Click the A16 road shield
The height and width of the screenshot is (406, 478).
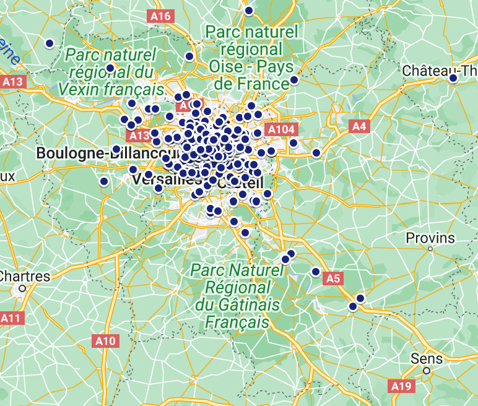click(x=160, y=16)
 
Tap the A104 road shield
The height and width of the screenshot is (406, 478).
click(x=280, y=129)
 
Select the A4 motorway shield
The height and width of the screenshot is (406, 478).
click(x=359, y=127)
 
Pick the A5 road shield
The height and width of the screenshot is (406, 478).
click(x=333, y=279)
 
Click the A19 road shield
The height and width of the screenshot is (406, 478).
click(x=401, y=386)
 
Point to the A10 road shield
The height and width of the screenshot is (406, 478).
click(x=105, y=340)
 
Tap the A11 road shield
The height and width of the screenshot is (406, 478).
click(x=11, y=318)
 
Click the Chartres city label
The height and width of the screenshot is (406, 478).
click(x=25, y=276)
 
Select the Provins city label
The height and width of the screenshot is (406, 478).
click(x=430, y=238)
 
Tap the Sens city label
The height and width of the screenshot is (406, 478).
click(x=427, y=358)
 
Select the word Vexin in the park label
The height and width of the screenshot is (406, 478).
click(x=81, y=89)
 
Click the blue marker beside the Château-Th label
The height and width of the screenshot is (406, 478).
click(x=453, y=78)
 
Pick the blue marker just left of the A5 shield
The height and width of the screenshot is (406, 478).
click(x=316, y=272)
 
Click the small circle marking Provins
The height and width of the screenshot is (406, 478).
click(x=430, y=249)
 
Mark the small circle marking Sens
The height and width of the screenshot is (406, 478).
click(x=427, y=371)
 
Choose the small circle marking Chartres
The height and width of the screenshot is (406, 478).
click(x=22, y=288)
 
